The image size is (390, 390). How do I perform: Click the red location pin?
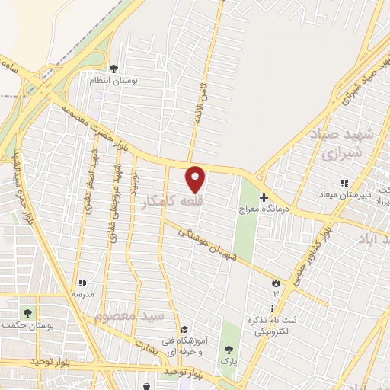point(196,178)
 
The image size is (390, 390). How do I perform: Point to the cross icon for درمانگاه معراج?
point(264,197)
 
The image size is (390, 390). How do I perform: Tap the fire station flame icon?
point(275,283)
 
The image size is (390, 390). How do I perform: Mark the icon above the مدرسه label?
point(82,282)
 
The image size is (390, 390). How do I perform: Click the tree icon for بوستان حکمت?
point(28,312)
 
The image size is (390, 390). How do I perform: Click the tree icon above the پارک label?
point(228,350)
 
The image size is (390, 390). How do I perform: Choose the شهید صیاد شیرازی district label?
point(342,145)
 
